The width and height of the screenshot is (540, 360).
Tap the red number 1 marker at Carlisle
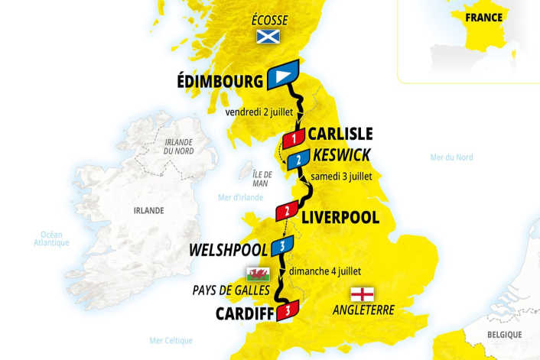click(x=293, y=138)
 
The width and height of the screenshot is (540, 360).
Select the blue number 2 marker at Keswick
click(x=299, y=159)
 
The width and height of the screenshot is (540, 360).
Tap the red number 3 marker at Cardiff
click(x=287, y=310)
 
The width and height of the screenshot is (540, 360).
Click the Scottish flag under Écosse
click(x=268, y=36)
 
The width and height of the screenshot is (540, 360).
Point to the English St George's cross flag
click(x=363, y=294)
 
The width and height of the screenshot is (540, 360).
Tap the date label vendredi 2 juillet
click(x=259, y=112)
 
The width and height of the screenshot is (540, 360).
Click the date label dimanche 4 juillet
click(x=325, y=271)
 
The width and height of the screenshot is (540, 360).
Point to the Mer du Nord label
click(x=451, y=157)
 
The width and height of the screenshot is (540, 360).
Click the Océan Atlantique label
click(x=51, y=238)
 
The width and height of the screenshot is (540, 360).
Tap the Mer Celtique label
click(x=171, y=340)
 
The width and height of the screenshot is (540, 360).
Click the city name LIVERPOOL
click(x=340, y=217)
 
